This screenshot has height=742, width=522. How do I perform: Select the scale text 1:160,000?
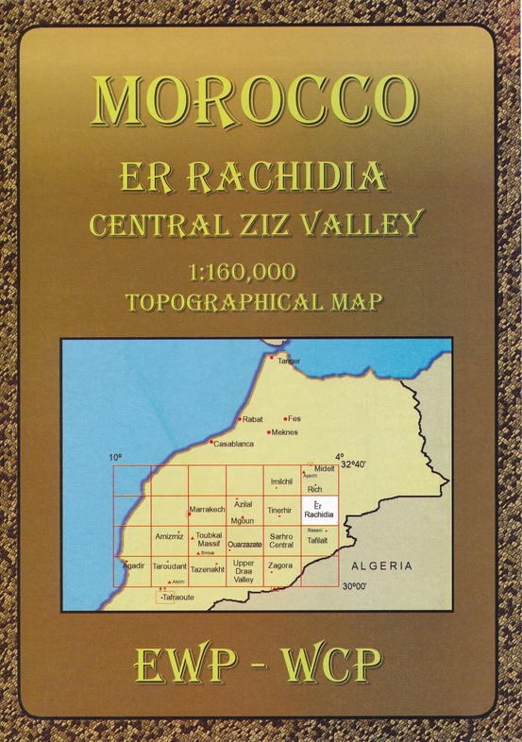coord(243,272)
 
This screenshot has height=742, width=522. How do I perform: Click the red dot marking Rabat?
coord(239,418)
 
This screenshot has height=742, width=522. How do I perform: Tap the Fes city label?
coord(295,418)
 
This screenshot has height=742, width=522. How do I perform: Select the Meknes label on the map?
coord(284,432)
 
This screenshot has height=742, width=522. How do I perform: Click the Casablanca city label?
coord(233,443)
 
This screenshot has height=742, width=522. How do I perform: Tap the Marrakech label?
coord(208,510)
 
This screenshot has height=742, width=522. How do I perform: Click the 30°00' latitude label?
coord(354,587)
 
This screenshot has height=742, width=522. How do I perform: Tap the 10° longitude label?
coord(115,457)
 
